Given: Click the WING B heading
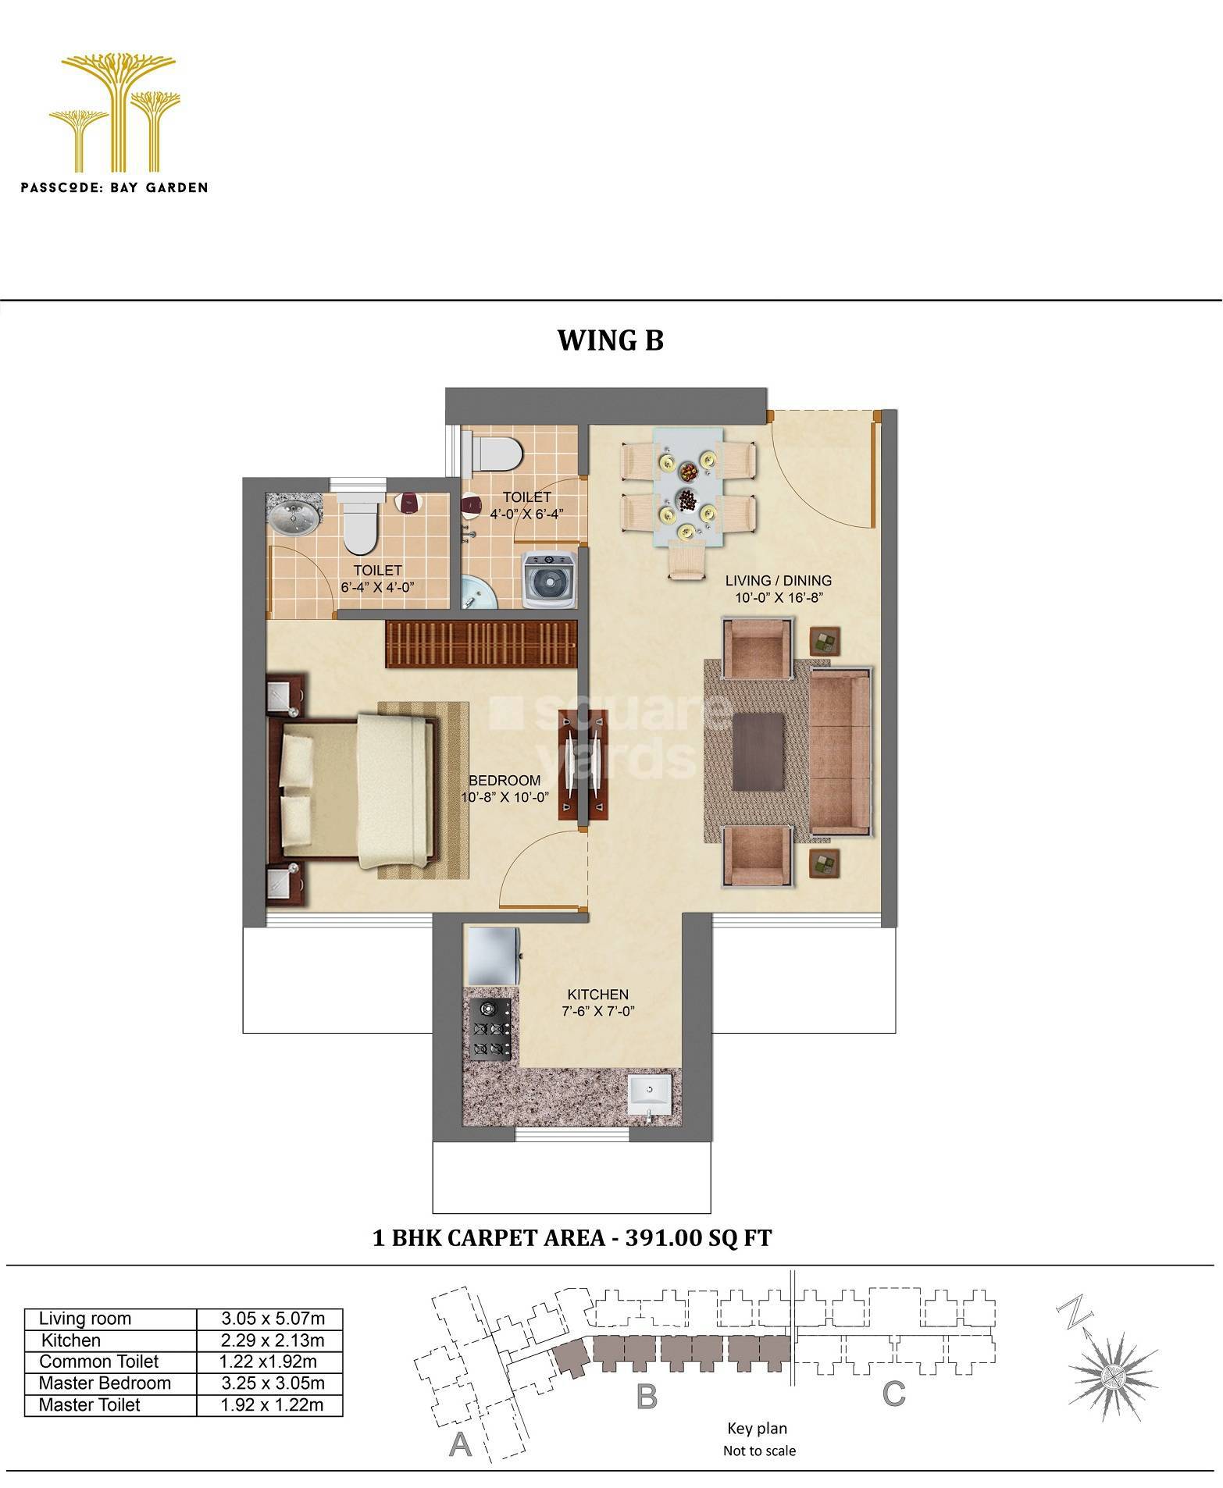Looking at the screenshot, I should tap(610, 340).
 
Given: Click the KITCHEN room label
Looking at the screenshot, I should tap(597, 995).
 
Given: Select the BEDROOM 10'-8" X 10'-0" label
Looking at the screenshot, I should tap(505, 788).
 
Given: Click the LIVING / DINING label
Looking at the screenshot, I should tap(778, 580).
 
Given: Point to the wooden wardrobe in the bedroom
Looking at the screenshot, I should tap(480, 643).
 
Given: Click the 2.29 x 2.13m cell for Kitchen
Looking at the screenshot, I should tap(271, 1340).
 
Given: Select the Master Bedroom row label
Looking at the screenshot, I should tap(105, 1383).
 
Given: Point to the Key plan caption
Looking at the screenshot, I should tap(757, 1429).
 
